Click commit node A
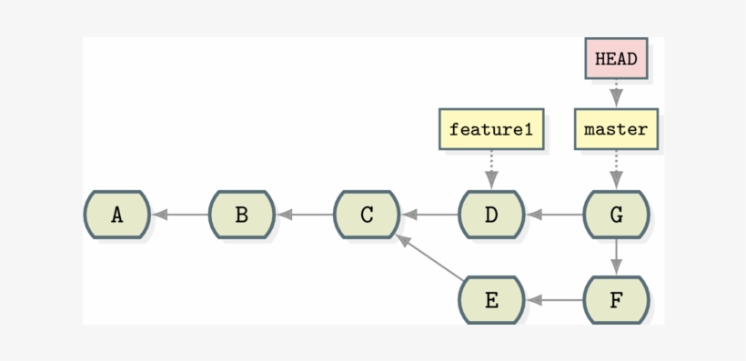tap(116, 215)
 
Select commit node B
tap(241, 215)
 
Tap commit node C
tap(367, 215)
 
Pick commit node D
tap(491, 215)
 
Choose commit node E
tap(491, 299)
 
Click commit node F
tap(616, 299)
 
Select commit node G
tap(616, 215)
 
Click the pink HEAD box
tap(616, 59)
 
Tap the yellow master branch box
tap(616, 129)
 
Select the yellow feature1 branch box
tap(491, 129)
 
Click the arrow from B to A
tap(180, 215)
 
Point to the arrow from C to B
tap(305, 215)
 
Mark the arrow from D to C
tap(429, 215)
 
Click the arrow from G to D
tap(554, 215)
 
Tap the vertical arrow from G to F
tap(616, 256)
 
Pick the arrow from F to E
tap(554, 299)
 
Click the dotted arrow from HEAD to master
tap(616, 95)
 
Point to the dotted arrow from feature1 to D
tap(491, 168)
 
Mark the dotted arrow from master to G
tap(616, 168)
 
